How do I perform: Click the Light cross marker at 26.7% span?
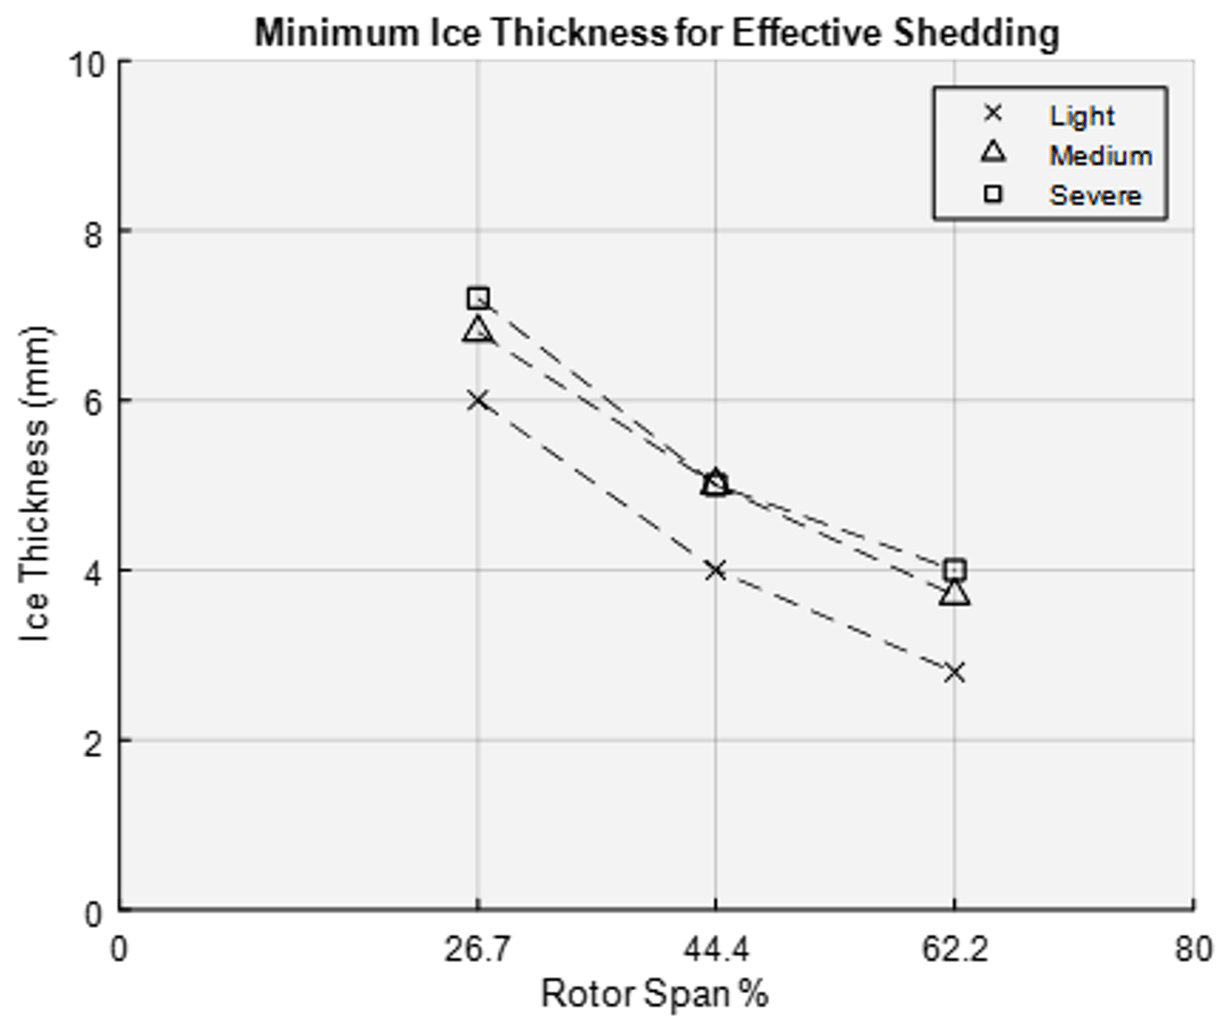click(x=477, y=400)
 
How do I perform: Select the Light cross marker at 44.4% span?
click(x=715, y=571)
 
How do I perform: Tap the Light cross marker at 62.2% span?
click(x=954, y=672)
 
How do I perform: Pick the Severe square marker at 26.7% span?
click(x=478, y=297)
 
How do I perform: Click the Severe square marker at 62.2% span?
click(x=955, y=570)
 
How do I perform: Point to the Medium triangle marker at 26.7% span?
click(x=477, y=329)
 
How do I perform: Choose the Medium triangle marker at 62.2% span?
click(x=955, y=593)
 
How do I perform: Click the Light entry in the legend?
click(x=1081, y=115)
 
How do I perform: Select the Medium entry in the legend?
click(x=1099, y=155)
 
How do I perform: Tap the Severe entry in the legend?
click(x=1094, y=196)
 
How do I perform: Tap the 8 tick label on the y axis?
click(x=93, y=234)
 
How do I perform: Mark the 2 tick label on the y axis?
click(x=93, y=743)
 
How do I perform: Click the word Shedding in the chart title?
click(x=976, y=34)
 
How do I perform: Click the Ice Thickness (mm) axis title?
click(x=35, y=485)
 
